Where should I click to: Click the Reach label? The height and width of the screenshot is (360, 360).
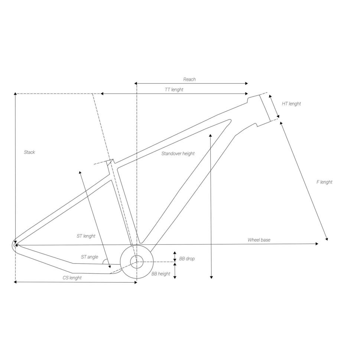pos(189,80)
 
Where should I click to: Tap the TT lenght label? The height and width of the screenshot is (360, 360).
pos(174,90)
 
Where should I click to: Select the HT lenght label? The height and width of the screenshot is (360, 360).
pos(291,104)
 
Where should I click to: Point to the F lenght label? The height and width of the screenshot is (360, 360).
pos(324,182)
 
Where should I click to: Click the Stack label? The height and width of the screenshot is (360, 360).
pos(29,152)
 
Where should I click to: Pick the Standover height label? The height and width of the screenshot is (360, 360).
pos(178,153)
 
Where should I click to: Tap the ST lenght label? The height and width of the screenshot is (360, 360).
pos(86,236)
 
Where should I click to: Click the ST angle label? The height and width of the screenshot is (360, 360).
pos(89,257)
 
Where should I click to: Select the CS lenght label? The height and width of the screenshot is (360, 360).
pos(72,278)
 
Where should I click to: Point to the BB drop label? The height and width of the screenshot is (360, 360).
pos(187,259)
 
